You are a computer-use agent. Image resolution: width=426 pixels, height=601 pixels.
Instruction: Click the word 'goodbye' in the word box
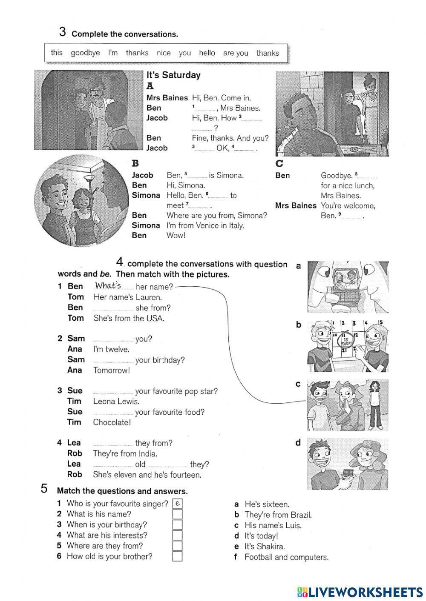coord(85,53)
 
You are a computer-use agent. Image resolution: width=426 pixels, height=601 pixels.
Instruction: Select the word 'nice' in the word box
coord(164,53)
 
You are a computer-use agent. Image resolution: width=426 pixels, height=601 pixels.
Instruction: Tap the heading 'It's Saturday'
coord(173,75)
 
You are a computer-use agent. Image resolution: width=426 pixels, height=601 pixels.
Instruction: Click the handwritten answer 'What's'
coord(108,285)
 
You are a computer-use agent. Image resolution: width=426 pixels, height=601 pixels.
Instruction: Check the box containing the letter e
coord(177,504)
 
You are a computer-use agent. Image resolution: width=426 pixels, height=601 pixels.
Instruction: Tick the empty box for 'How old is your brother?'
coord(177,556)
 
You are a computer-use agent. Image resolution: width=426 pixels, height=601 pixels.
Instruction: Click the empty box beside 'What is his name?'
coord(177,514)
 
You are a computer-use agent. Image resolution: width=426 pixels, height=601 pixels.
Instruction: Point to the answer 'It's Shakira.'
coord(265,546)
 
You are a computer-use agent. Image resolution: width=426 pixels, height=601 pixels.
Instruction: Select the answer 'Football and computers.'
coord(286,557)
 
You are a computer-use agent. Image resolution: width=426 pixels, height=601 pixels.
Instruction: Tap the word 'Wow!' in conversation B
coord(176,235)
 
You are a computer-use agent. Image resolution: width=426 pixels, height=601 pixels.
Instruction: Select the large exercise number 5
coord(44,488)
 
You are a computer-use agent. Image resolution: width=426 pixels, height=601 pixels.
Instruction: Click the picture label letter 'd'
coord(298,443)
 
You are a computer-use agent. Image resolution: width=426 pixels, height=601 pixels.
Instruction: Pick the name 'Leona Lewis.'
coord(116,401)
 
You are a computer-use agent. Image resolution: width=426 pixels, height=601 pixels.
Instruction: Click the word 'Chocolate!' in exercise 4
coord(112,422)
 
